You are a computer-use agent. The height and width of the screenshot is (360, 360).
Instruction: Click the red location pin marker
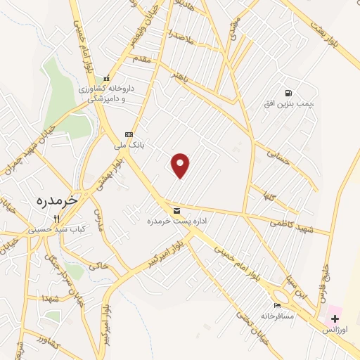(x=181, y=165)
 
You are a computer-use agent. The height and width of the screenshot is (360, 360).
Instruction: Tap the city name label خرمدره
(x=56, y=200)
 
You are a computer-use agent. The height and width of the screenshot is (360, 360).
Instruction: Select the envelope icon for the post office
(x=176, y=210)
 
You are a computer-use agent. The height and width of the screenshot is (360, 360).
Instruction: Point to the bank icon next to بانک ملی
(x=128, y=134)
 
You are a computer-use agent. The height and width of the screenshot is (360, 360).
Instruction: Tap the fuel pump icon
(x=288, y=93)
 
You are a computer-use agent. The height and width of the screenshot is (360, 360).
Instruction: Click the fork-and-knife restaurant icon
(x=56, y=218)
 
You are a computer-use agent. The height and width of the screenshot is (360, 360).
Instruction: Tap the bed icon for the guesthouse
(x=277, y=305)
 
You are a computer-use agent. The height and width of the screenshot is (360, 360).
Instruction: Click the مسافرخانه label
(x=277, y=316)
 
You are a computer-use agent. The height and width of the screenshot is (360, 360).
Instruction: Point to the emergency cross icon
(x=335, y=319)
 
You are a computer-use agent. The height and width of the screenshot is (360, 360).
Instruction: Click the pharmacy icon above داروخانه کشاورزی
(x=107, y=79)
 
